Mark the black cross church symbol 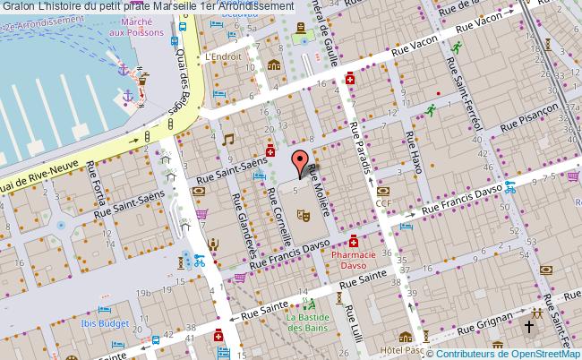529,327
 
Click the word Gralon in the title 20,6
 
